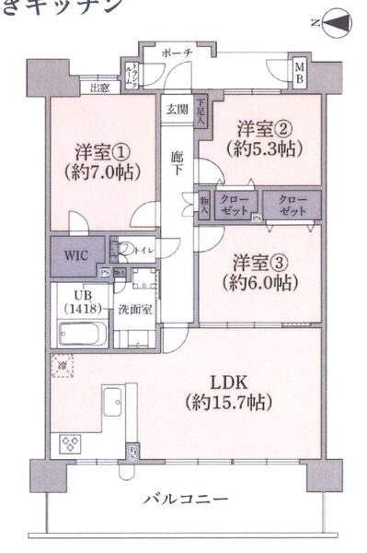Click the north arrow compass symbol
point(337,22)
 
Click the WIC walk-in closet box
point(76,255)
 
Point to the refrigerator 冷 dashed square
point(62,364)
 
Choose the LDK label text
point(224,381)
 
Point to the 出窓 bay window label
point(101,88)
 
